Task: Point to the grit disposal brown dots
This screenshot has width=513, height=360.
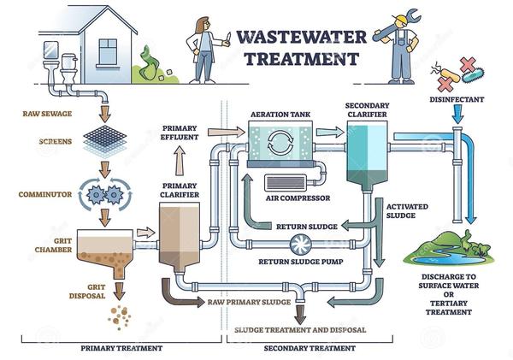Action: pyautogui.click(x=118, y=318)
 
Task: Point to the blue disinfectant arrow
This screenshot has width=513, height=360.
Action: pyautogui.click(x=458, y=119)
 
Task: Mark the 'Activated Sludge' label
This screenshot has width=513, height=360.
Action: pyautogui.click(x=409, y=210)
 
